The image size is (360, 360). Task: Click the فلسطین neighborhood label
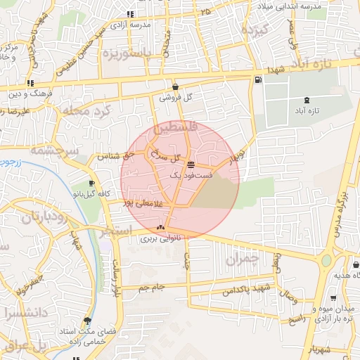point(167,130)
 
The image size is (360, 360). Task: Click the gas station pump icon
point(259,79)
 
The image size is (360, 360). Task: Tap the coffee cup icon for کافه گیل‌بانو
point(91,184)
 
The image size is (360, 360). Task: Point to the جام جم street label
point(150,288)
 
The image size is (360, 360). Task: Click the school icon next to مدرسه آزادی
point(129,14)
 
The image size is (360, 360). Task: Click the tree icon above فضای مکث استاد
point(87,319)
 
